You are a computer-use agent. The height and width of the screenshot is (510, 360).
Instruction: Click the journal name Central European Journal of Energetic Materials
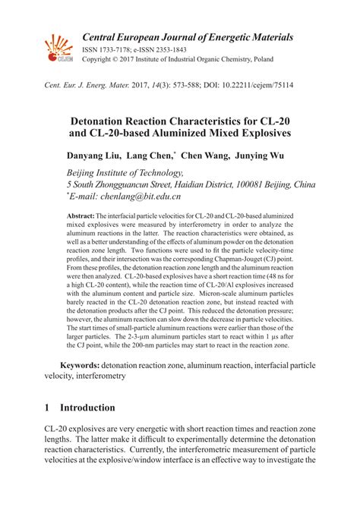[188, 36]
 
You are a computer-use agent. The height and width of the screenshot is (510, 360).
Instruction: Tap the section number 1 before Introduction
[48, 408]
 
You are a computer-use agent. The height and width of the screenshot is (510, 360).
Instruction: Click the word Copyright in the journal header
[97, 57]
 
